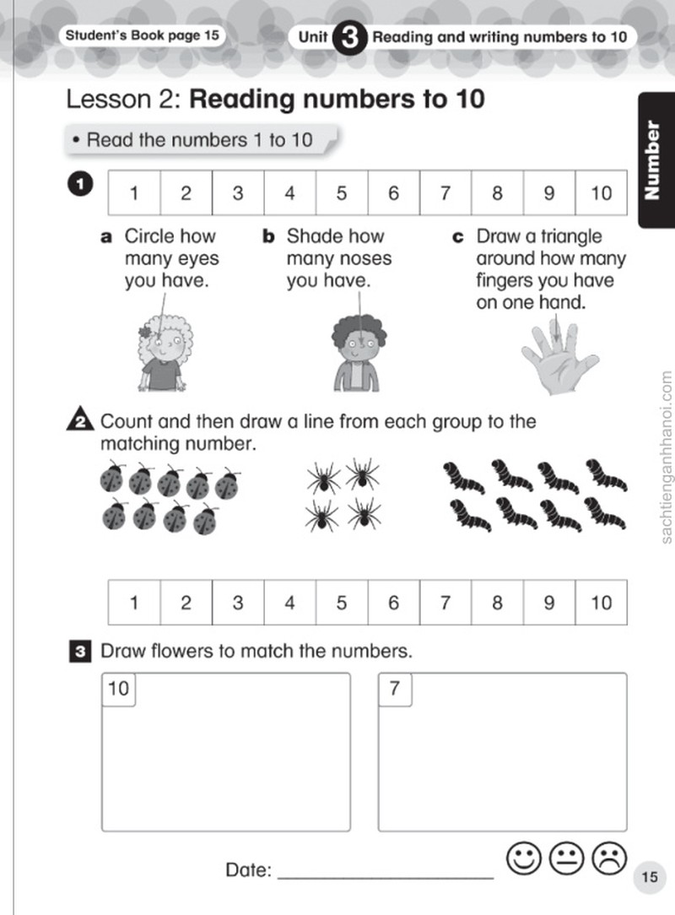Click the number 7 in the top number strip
coord(445,192)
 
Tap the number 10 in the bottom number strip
coord(601,602)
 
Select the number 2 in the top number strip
coord(186,192)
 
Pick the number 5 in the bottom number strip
coord(341,602)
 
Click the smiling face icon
coord(524,858)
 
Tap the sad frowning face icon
coord(609,858)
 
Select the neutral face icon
coord(566,858)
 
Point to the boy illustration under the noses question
coord(359,354)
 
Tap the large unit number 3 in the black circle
coord(349,37)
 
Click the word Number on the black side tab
coord(652,160)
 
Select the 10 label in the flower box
coord(118,689)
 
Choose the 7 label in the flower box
coord(395,689)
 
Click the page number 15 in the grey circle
coord(650,877)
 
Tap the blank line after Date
coord(386,877)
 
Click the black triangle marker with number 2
coord(80,419)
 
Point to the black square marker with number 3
coord(80,652)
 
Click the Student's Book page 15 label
coord(142,35)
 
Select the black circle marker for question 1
coord(80,184)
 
